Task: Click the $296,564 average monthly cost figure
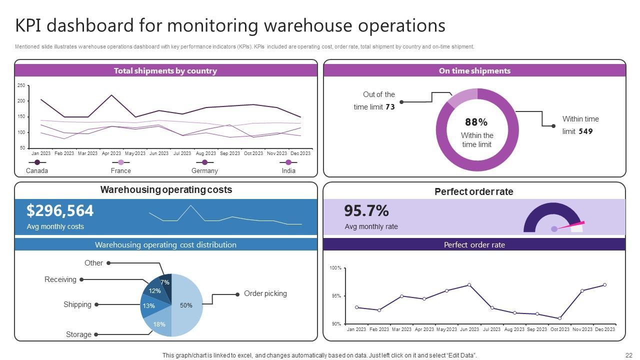click(x=60, y=210)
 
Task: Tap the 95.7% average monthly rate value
click(x=366, y=211)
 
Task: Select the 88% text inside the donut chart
click(x=476, y=122)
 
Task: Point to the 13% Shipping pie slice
click(x=148, y=306)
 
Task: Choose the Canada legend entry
click(x=37, y=170)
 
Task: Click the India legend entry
click(x=288, y=170)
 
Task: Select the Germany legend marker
click(x=204, y=162)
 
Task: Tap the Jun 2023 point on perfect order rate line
click(x=469, y=285)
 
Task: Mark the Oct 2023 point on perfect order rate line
click(x=559, y=318)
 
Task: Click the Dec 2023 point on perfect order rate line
click(x=604, y=285)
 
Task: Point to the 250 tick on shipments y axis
click(x=21, y=85)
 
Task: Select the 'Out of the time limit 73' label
click(x=374, y=100)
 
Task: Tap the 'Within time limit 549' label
click(x=580, y=125)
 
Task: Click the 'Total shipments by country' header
click(x=165, y=70)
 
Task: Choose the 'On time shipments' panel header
click(x=474, y=70)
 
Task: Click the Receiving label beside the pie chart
click(x=60, y=279)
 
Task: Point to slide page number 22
click(x=629, y=355)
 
